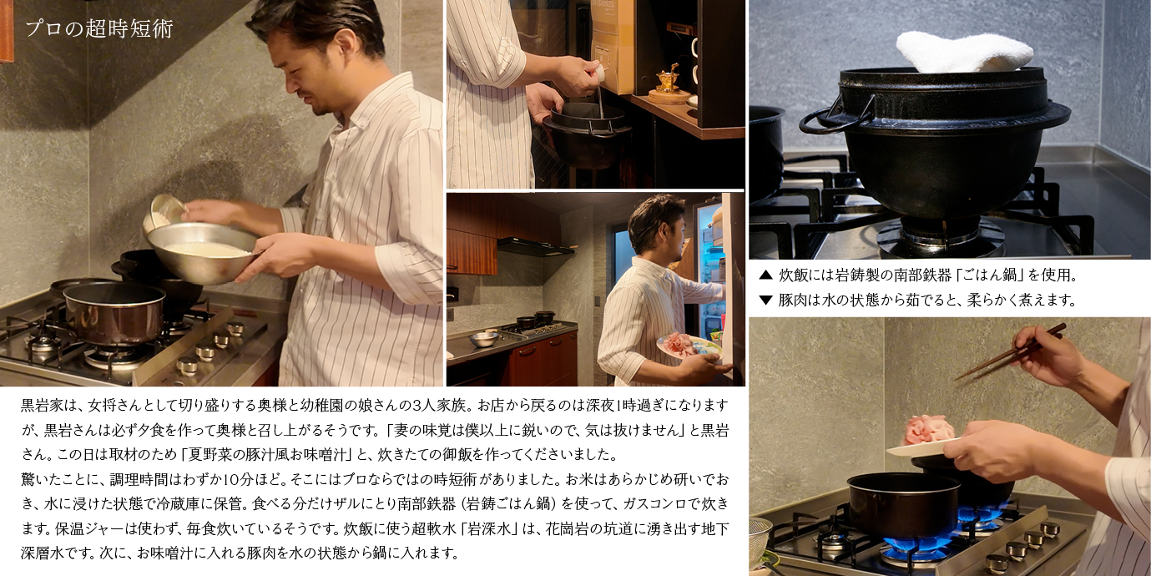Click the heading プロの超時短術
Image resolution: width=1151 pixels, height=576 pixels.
click(99, 28)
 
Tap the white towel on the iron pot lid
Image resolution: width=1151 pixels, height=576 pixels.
click(964, 53)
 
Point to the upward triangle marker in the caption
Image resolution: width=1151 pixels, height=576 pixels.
click(765, 275)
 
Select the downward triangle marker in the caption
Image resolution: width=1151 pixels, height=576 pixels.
click(765, 300)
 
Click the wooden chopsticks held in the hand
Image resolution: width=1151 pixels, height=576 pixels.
click(1010, 352)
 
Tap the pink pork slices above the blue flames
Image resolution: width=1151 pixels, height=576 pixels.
click(929, 430)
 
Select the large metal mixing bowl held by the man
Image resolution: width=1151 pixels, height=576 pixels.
click(203, 253)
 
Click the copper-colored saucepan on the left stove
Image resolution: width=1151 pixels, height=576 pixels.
click(114, 312)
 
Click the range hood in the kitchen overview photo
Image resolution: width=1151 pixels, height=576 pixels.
click(535, 247)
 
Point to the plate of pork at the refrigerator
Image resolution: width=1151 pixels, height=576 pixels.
click(689, 346)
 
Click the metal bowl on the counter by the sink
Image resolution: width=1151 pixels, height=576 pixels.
click(483, 339)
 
